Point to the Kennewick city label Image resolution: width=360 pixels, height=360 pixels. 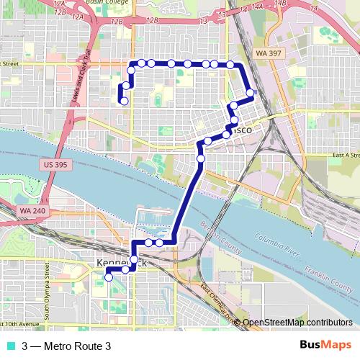point(121,264)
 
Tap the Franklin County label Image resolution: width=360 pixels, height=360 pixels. point(322,278)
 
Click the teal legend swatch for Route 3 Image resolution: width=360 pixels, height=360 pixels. point(9,346)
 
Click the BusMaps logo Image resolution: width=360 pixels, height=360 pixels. point(325,346)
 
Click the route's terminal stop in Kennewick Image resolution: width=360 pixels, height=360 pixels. point(109,277)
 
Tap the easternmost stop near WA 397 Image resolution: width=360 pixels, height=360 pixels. point(250,92)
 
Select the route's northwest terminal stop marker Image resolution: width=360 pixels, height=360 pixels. point(125,102)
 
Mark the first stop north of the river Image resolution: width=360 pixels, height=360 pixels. point(201,158)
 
